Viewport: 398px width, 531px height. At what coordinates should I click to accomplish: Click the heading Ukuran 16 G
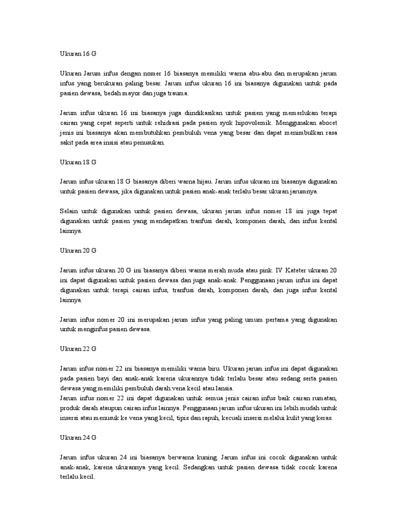click(x=78, y=54)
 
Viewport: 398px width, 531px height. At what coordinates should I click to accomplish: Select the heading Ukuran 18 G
click(x=78, y=162)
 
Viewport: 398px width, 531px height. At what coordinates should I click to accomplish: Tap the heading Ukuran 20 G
click(x=78, y=250)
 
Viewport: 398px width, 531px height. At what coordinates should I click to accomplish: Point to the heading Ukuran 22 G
click(x=78, y=349)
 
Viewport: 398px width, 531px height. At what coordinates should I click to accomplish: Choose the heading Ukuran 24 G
click(x=78, y=438)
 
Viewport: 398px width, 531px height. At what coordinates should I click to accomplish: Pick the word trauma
click(x=178, y=93)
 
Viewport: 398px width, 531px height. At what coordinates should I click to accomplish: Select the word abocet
click(x=326, y=123)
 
